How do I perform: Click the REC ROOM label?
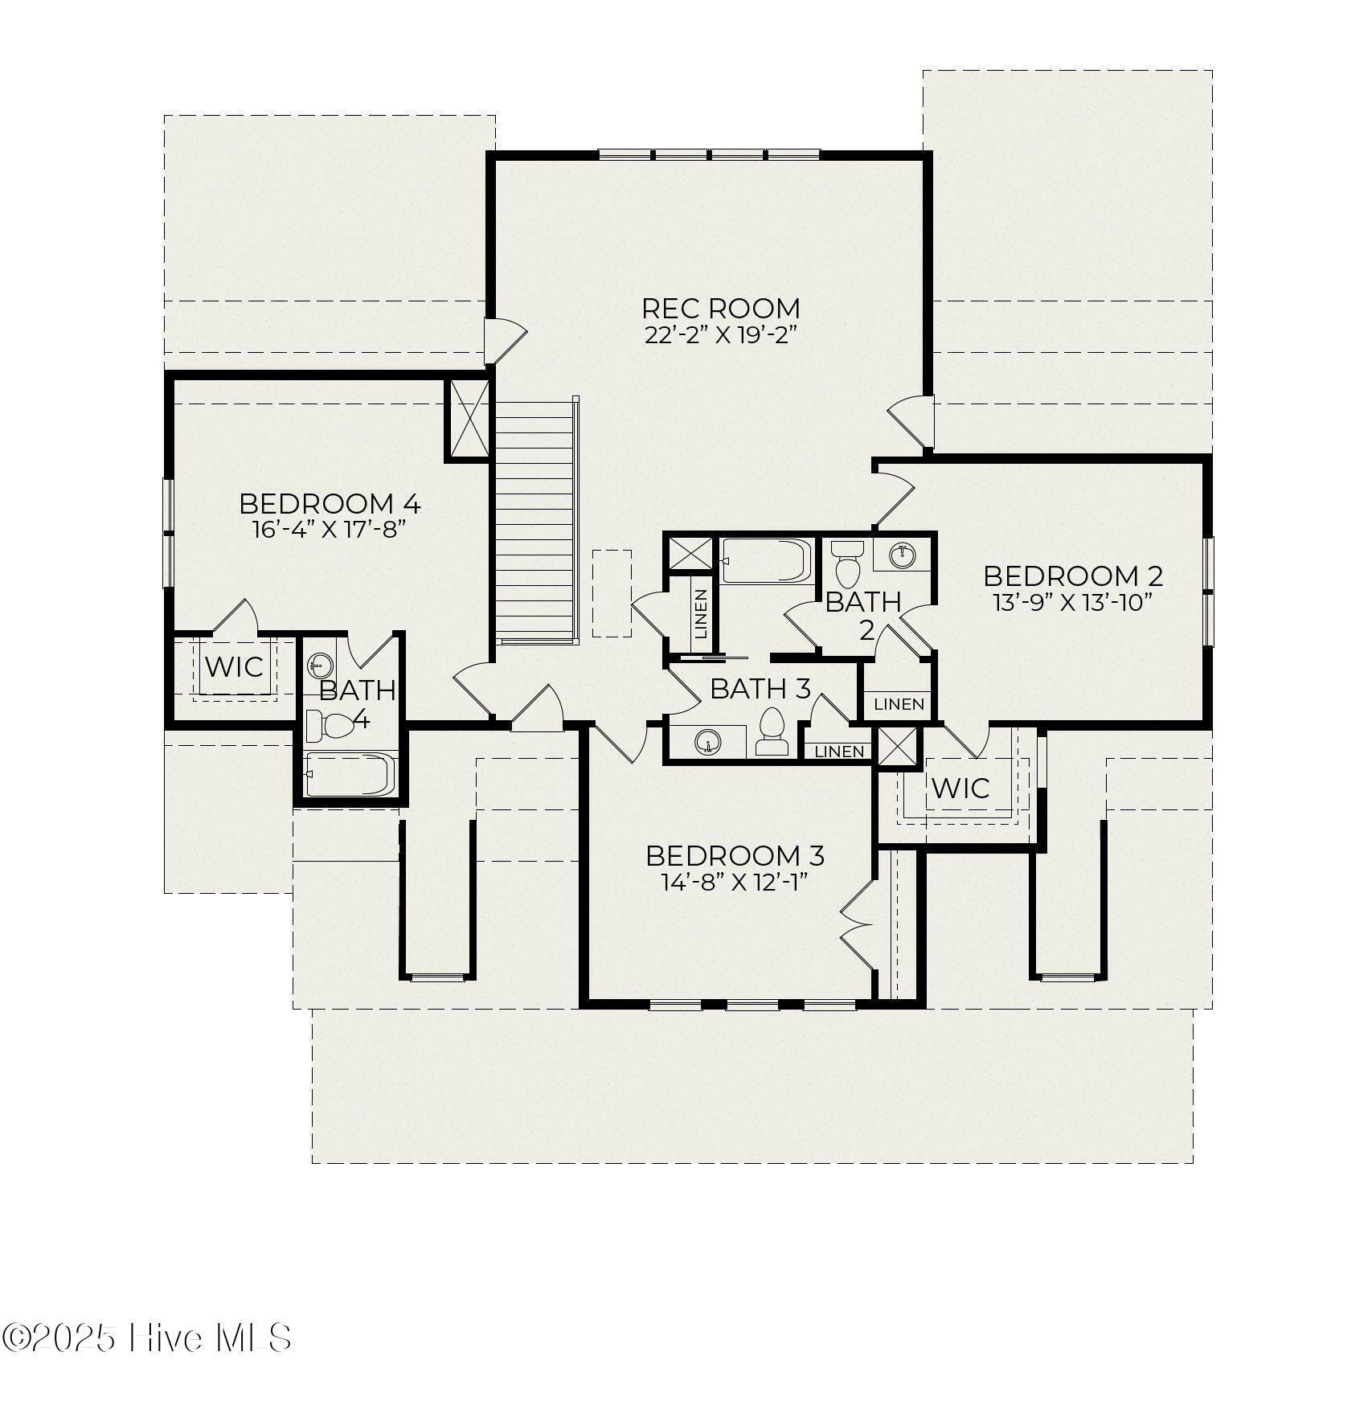[x=720, y=308]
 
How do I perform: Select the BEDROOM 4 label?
[x=330, y=504]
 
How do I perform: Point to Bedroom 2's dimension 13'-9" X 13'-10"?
[x=1073, y=602]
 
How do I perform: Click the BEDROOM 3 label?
[x=735, y=855]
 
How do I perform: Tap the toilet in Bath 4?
[x=331, y=725]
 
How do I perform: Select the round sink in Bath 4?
[x=320, y=665]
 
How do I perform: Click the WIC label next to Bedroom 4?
[x=234, y=666]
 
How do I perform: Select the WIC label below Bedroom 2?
[x=960, y=788]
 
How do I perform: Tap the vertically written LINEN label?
[x=700, y=615]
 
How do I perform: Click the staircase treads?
[x=534, y=522]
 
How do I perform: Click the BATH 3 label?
[x=760, y=689]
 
